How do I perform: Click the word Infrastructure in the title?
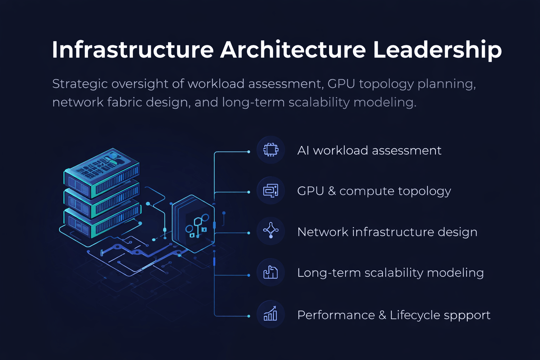click(x=133, y=50)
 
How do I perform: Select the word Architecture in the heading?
click(x=293, y=50)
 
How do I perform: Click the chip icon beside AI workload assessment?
click(x=271, y=150)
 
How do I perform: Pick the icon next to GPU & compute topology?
click(x=271, y=191)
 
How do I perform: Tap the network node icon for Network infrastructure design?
click(x=271, y=231)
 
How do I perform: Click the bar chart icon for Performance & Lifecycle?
click(x=271, y=314)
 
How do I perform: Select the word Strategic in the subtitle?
click(x=80, y=84)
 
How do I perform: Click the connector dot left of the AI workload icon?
click(x=249, y=152)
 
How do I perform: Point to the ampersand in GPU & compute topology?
click(x=332, y=191)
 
